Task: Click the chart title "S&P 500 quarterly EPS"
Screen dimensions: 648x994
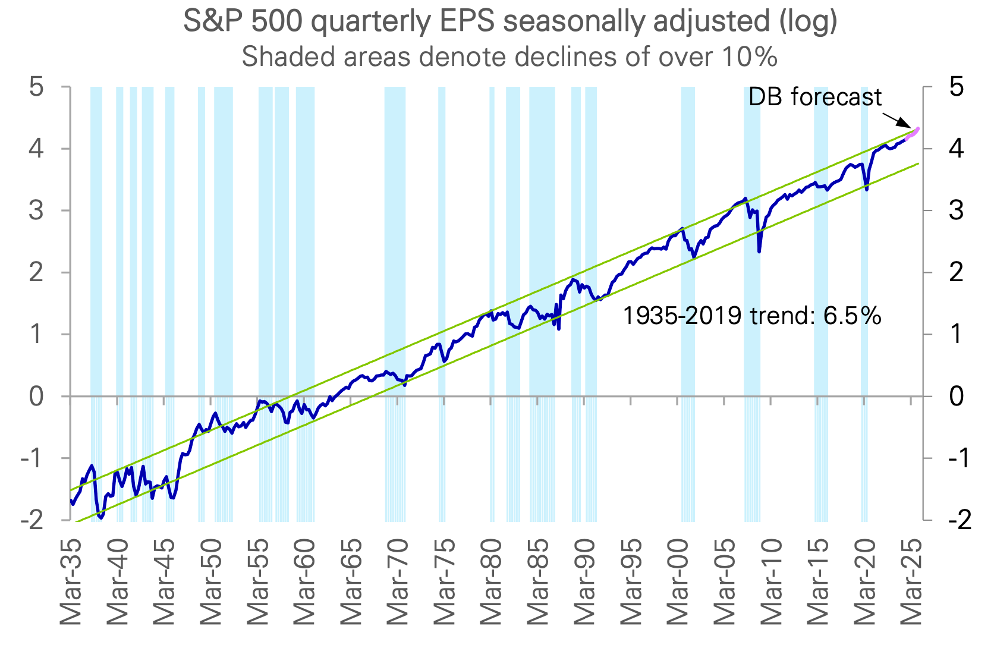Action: pos(510,21)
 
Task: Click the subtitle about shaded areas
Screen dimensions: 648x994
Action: pos(509,57)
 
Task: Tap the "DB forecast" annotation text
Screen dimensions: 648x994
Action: pos(814,97)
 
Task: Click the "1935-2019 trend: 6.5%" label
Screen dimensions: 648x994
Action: pos(751,316)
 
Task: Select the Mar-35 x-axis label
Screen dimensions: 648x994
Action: pos(71,582)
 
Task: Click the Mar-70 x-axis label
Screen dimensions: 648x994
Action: pos(398,582)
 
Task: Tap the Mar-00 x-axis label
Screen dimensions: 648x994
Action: pos(678,582)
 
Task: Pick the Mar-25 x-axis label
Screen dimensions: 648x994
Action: pos(911,582)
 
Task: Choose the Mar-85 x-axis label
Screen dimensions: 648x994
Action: pos(538,582)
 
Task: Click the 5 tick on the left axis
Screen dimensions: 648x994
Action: pos(37,87)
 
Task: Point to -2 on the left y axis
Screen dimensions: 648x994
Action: pos(33,520)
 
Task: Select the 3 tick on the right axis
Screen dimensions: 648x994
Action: pos(956,210)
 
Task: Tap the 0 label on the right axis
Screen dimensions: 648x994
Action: pos(956,397)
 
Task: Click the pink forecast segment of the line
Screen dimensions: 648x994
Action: pos(914,133)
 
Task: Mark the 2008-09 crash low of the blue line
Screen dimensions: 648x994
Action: pos(759,251)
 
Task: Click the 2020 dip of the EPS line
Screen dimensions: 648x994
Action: pos(866,188)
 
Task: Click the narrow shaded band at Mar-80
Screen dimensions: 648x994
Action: pos(492,238)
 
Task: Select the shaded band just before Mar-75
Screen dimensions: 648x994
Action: pos(442,238)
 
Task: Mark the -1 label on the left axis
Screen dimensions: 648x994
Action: pos(33,458)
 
